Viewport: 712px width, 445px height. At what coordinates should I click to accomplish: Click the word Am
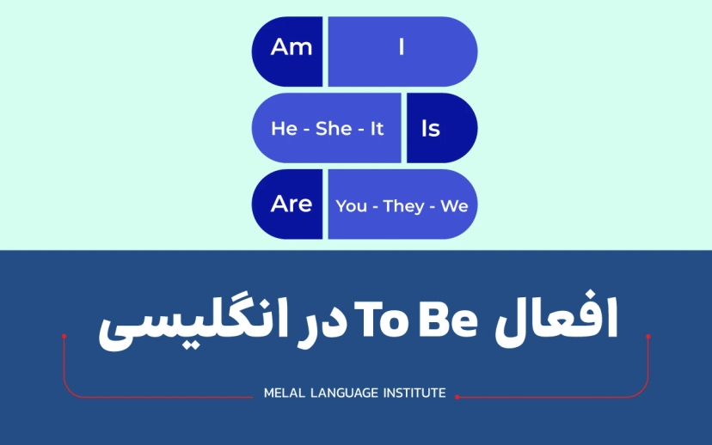coord(291,46)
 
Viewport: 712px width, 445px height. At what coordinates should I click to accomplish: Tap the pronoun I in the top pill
coord(401,47)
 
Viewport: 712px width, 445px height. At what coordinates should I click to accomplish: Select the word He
coord(284,129)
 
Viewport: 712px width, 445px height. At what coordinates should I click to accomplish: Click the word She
coord(334,129)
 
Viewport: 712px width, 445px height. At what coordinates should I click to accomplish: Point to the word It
coord(377,129)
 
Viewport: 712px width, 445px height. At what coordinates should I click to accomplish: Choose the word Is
coord(431,129)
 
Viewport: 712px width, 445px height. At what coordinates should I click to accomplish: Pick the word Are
coord(291,204)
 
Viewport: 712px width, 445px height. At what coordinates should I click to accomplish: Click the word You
coord(351,206)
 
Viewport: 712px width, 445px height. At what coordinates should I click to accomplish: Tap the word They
coord(403,206)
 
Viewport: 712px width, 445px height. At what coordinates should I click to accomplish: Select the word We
coord(454,206)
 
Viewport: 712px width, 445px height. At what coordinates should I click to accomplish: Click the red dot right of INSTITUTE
coord(457,397)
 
